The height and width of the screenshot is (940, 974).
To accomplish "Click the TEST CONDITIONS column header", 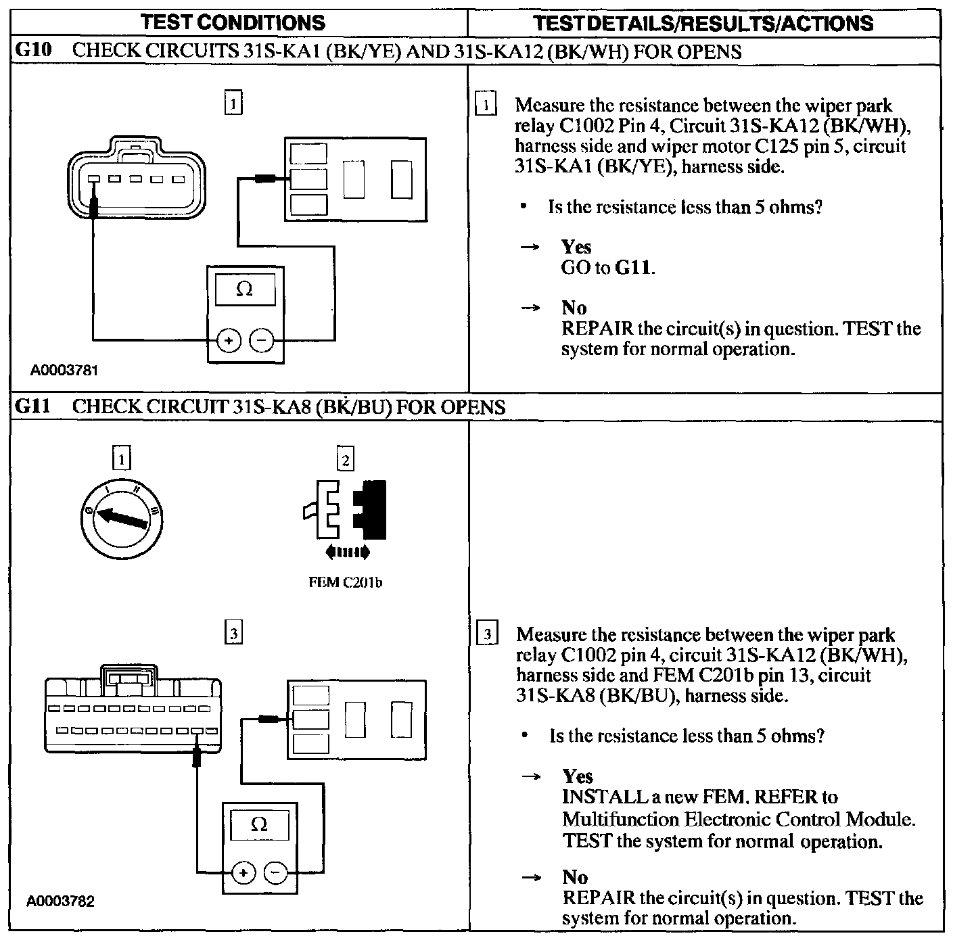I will [233, 22].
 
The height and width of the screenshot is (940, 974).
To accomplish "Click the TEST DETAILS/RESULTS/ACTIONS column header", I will [703, 23].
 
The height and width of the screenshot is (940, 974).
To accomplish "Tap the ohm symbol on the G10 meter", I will [245, 289].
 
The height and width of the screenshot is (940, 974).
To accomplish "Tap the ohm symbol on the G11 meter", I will [259, 824].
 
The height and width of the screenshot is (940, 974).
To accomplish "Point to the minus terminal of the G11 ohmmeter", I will [275, 873].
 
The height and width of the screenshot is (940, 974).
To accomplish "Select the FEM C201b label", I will [345, 582].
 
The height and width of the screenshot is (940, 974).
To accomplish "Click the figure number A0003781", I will [64, 371].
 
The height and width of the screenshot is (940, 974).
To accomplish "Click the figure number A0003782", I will [61, 901].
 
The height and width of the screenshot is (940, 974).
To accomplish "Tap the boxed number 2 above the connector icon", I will [345, 460].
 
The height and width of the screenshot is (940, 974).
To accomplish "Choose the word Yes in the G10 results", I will [576, 247].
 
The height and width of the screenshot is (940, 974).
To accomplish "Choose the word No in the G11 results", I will [575, 877].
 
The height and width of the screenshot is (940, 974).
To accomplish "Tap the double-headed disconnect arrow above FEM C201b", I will [347, 552].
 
